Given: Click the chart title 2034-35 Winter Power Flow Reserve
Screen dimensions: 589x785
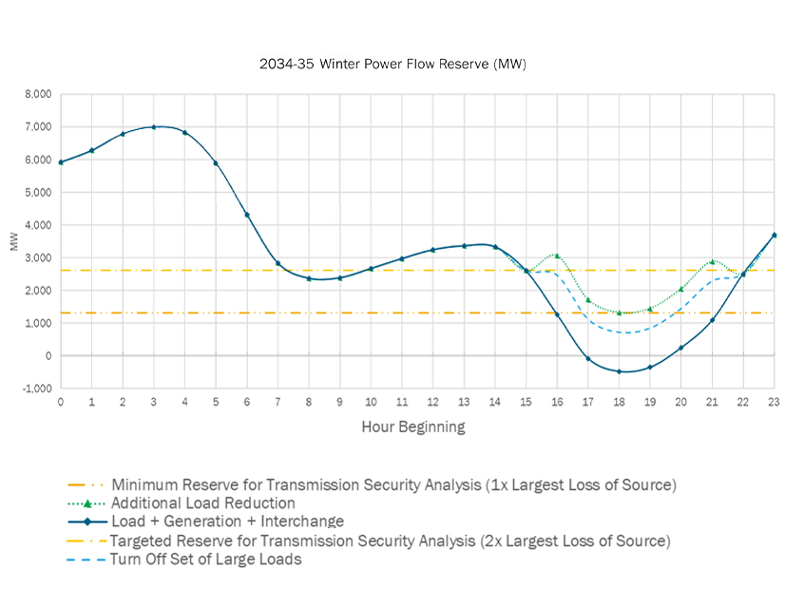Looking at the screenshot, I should (x=392, y=65).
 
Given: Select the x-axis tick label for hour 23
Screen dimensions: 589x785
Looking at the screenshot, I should (x=774, y=402).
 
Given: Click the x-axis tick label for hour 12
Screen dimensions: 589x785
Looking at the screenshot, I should (x=432, y=402).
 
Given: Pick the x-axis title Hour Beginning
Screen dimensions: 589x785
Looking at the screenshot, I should (x=413, y=427).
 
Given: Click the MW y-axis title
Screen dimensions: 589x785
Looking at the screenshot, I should (x=13, y=241).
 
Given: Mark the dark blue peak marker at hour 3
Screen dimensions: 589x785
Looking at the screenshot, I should (x=154, y=126).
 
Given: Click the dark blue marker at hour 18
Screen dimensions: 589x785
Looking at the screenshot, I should (x=619, y=371).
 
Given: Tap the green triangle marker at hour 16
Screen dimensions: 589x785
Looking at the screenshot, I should (x=557, y=255).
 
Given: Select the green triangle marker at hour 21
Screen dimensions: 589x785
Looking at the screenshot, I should (x=712, y=261).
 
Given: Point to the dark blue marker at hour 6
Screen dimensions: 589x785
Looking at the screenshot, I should (x=247, y=215).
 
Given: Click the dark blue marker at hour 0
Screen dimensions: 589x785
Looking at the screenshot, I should (x=61, y=162).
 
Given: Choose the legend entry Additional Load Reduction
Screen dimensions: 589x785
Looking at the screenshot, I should (x=202, y=503).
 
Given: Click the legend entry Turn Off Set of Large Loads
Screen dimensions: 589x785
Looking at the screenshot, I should (x=205, y=560).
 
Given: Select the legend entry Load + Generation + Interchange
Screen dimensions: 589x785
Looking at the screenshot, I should (x=227, y=522).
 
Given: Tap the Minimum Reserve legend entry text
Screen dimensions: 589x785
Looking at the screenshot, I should (x=393, y=484).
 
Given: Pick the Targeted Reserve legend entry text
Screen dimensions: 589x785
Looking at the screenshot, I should (x=390, y=541).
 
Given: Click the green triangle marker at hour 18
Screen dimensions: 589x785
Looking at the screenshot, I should (x=619, y=313).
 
